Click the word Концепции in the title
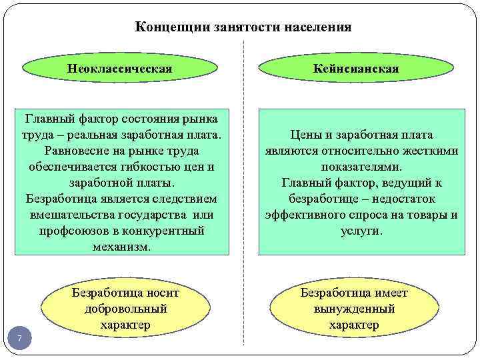click(167, 27)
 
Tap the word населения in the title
click(317, 27)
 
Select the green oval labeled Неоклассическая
click(120, 69)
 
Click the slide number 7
click(19, 340)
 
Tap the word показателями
click(361, 167)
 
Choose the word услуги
click(361, 231)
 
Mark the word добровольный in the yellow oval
click(125, 309)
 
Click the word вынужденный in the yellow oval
click(353, 309)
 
